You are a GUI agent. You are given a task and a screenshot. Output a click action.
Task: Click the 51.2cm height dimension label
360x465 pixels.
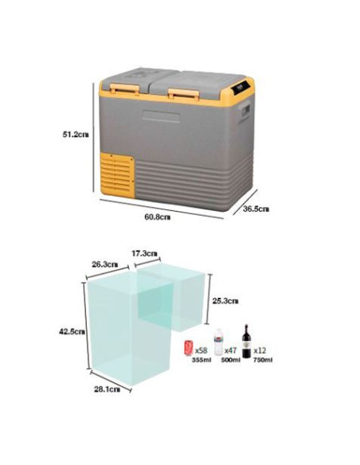(76, 135)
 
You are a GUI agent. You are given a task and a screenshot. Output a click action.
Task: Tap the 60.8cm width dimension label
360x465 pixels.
(158, 217)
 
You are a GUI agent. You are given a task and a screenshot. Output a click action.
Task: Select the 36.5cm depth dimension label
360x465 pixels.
(256, 209)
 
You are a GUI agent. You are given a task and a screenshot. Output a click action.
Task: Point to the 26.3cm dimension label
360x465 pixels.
(104, 264)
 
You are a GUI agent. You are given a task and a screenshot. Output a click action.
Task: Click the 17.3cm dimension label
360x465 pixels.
(144, 253)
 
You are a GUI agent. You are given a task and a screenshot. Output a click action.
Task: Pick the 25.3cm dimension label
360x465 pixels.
(225, 301)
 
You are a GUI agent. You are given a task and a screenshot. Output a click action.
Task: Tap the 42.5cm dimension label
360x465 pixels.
(72, 331)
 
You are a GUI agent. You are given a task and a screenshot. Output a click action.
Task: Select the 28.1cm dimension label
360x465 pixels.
(107, 389)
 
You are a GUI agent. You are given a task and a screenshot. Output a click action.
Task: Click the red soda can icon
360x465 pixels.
(189, 348)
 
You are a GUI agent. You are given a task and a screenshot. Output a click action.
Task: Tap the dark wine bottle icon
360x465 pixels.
(246, 342)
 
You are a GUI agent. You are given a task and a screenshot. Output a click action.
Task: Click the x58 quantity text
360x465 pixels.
(201, 350)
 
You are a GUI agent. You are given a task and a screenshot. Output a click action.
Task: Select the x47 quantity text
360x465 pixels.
(230, 350)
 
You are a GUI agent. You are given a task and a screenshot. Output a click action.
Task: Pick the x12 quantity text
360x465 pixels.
(260, 350)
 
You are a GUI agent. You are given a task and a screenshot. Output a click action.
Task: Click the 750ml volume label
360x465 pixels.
(263, 360)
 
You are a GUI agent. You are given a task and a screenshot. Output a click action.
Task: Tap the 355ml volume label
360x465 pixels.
(202, 360)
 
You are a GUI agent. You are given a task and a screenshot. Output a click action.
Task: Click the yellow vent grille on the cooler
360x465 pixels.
(117, 174)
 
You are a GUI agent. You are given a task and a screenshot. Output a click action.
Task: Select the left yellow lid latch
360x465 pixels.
(124, 88)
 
